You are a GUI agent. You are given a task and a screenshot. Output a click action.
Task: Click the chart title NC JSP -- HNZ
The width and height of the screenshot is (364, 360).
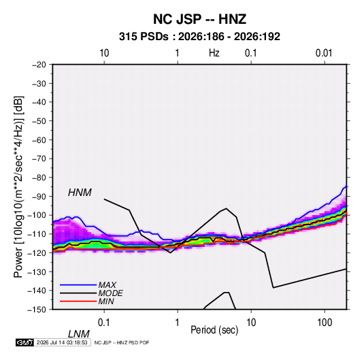199,19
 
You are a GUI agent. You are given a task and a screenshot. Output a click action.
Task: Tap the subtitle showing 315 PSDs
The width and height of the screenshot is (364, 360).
199,37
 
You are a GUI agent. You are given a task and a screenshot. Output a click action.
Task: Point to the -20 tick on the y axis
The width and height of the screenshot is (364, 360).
39,65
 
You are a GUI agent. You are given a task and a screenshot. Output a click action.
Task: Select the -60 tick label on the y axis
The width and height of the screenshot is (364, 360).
39,140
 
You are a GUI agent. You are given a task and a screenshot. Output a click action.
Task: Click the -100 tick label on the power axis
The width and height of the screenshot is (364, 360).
37,215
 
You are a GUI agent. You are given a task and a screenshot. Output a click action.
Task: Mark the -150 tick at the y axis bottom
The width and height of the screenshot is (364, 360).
37,310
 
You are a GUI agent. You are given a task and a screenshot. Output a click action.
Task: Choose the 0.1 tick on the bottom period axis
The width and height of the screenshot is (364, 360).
104,323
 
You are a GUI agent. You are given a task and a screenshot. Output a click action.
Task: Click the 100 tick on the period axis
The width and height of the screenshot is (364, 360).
325,323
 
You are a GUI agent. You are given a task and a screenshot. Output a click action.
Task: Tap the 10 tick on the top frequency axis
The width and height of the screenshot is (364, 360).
104,53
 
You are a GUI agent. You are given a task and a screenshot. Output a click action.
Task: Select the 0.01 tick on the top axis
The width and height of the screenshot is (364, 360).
324,53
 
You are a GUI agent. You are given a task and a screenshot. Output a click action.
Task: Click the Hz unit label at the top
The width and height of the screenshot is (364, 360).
214,53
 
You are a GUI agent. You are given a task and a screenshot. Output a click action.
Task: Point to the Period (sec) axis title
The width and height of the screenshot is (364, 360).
214,330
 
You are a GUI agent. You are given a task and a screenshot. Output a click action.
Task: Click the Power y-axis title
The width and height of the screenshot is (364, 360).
18,187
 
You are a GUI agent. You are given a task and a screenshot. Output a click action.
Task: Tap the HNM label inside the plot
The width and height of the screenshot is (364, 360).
80,193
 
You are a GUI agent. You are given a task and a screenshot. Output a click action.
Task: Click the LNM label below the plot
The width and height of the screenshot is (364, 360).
79,334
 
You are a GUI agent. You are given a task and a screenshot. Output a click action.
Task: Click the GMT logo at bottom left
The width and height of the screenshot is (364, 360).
24,342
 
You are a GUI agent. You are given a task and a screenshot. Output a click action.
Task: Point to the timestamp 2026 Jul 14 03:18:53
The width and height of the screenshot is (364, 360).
62,342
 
